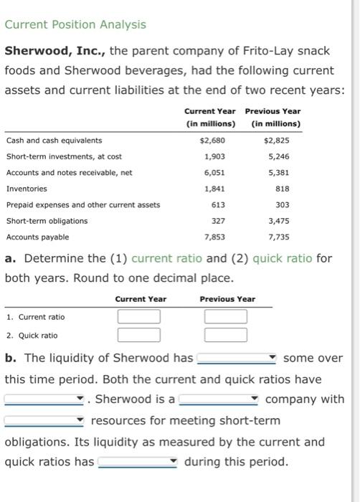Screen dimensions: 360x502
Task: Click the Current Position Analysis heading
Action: click(x=75, y=24)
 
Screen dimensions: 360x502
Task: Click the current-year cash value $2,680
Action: click(x=212, y=141)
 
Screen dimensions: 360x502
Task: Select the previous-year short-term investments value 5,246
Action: click(x=278, y=156)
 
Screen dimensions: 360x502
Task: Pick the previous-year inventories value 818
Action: click(x=283, y=189)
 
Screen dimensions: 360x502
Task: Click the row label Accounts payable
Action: click(x=37, y=237)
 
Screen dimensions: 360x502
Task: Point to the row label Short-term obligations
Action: click(x=47, y=221)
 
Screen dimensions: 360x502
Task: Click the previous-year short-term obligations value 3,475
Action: click(x=278, y=221)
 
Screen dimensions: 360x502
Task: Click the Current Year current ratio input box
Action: click(x=139, y=316)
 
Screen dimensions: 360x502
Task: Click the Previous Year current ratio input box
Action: click(x=226, y=316)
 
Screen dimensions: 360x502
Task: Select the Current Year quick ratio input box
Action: click(x=139, y=334)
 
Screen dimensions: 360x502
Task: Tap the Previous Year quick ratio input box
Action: click(x=226, y=334)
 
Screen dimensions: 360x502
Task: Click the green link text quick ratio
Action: click(x=283, y=257)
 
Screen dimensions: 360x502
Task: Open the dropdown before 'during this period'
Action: click(x=138, y=462)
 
